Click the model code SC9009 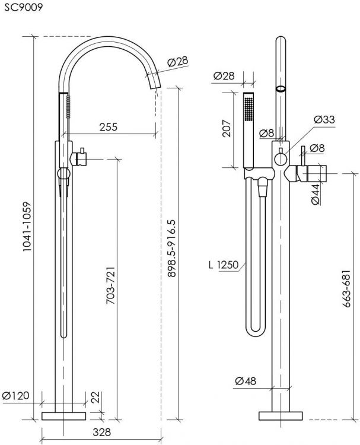(23, 7)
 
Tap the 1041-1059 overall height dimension (26, 226)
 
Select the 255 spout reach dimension (108, 127)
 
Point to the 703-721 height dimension (111, 285)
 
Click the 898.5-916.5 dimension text (171, 248)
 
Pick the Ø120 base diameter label (15, 395)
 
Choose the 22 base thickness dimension (95, 397)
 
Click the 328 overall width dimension (101, 432)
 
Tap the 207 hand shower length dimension (227, 128)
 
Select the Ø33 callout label (324, 119)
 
